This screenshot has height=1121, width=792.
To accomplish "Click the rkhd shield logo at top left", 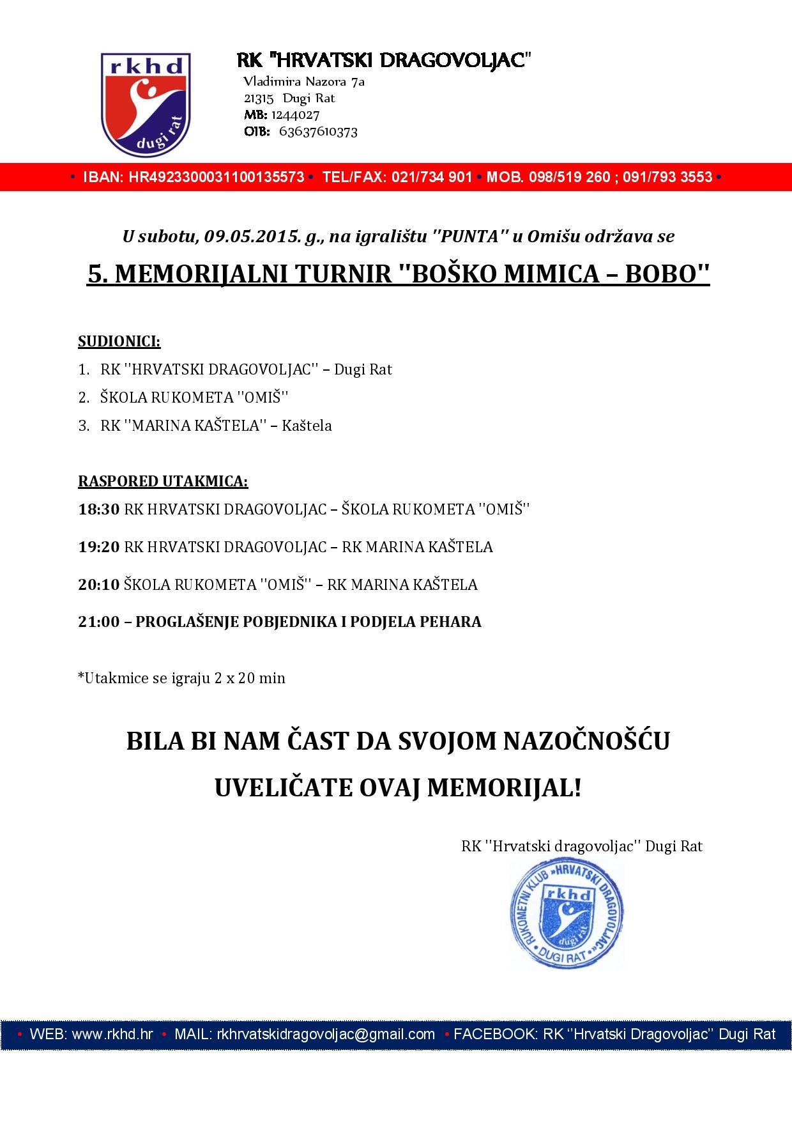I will pos(146,104).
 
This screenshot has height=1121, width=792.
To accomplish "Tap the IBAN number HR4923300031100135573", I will pos(217,177).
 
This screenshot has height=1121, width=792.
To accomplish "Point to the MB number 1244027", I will pos(295,115).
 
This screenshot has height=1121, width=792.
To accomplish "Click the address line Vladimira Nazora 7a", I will pos(304,82).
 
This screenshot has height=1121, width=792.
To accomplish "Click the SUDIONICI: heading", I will pos(119,341).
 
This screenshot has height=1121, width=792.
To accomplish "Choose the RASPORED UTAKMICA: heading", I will pos(163,481).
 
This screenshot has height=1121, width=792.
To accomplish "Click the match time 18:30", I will pos(98,509).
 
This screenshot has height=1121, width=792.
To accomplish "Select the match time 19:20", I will pos(98,547).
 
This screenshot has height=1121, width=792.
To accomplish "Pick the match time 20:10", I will pos(98,585).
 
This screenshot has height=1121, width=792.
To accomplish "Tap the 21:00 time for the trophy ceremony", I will pos(98,622).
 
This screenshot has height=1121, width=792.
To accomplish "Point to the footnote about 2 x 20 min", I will pos(181,678).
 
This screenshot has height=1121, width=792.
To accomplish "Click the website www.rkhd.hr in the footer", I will pos(112,1034).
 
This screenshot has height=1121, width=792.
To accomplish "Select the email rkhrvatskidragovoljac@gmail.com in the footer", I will pos(326,1034).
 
